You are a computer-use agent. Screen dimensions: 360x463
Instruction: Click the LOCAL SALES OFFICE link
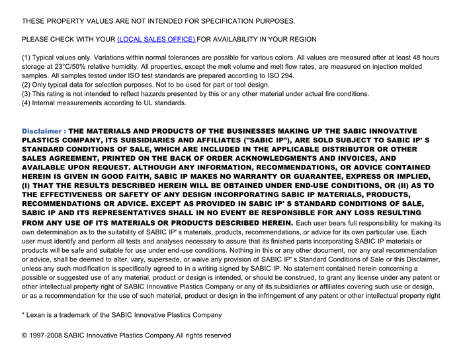156,40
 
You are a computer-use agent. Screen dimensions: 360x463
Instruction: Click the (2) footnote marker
26,85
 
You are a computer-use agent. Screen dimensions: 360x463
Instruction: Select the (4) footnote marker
26,103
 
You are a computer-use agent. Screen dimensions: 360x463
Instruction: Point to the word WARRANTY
273,177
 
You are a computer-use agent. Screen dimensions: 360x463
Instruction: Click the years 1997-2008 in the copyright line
46,336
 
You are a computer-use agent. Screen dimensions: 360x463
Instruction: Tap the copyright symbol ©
24,336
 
